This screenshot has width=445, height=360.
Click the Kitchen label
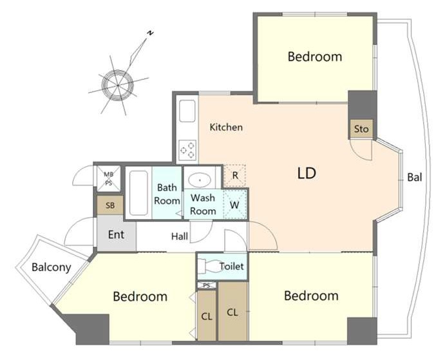pos(226,128)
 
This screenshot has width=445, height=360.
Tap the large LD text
pos(307,173)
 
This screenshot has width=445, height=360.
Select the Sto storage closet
pos(361,129)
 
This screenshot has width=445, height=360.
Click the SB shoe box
pos(110,205)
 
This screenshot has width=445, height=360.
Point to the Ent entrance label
pos(116,234)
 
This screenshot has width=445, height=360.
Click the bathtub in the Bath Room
pos(138,193)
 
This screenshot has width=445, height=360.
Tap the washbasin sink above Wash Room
pos(200,180)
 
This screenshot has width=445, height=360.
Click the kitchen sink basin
pos(187,111)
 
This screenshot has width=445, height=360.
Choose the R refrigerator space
pos(234,176)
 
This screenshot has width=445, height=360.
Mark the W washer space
pos(234,204)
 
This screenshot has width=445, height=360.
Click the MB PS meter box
pos(109,178)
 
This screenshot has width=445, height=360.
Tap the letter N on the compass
pos(151,33)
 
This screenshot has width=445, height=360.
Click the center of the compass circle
pos(117,85)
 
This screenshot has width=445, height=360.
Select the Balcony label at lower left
pos(51,267)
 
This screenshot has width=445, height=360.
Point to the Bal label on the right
pos(415,178)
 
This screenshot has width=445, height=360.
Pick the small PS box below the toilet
pos(207,285)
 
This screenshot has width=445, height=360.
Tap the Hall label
pos(180,236)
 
